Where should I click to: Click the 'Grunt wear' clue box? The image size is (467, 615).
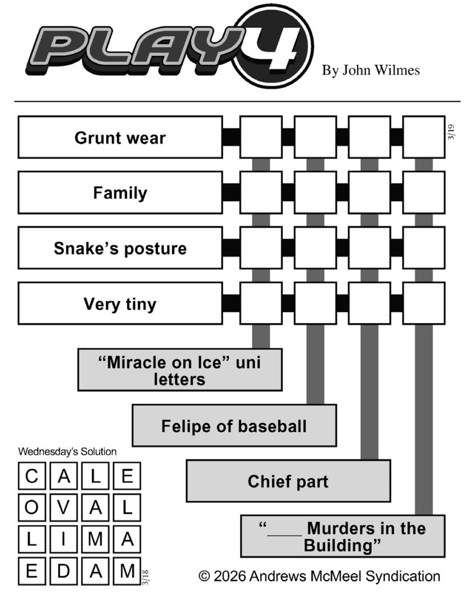pos(120,137)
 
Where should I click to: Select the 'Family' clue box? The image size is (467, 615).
pos(120,193)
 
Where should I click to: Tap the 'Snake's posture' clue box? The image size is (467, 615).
pos(120,248)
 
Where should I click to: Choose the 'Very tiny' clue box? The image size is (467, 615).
pos(120,303)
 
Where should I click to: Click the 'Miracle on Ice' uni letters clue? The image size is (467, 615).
pos(180,370)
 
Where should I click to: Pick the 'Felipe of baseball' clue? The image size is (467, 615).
pos(234,426)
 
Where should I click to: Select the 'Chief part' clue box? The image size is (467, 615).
pos(288,481)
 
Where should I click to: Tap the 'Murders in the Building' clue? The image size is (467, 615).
pos(342,536)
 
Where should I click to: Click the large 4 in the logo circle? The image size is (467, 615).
pos(276,47)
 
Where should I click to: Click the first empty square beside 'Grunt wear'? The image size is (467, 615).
pos(261,137)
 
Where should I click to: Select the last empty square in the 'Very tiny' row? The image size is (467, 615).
pos(424,303)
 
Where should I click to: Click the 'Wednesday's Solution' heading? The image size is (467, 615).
pos(67,451)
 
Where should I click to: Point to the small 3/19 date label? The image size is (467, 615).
pos(451,132)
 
